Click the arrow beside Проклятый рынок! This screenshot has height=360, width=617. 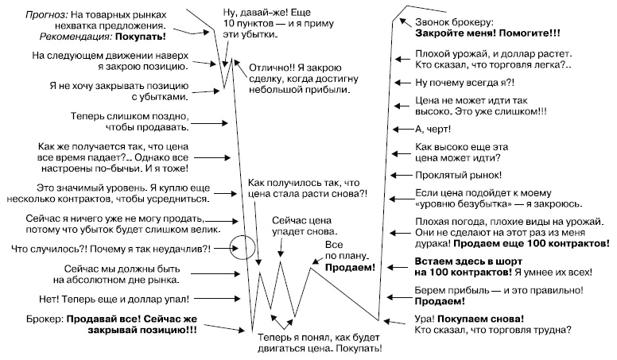tap(401, 175)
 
